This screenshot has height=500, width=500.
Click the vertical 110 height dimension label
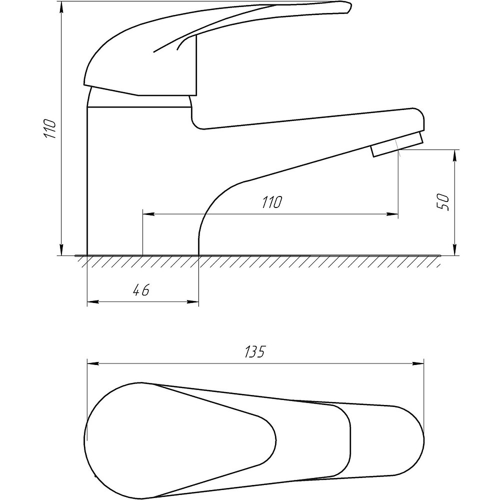(x=50, y=128)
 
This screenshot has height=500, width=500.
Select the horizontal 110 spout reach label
(x=272, y=202)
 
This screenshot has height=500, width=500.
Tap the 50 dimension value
(x=443, y=202)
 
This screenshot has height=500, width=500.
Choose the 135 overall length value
(x=255, y=351)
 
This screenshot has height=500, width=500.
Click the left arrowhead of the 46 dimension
(x=92, y=301)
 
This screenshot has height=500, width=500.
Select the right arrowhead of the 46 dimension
(x=193, y=301)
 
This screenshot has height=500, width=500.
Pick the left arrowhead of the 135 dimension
(x=92, y=363)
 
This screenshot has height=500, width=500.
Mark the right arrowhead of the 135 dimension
(x=418, y=363)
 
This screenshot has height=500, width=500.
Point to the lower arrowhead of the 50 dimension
(x=455, y=250)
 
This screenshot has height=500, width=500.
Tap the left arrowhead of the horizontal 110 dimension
(x=148, y=214)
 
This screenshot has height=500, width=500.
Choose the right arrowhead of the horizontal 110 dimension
(x=392, y=214)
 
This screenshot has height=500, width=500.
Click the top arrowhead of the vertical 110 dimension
(x=61, y=7)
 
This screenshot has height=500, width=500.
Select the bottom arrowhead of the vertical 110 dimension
(x=61, y=250)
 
